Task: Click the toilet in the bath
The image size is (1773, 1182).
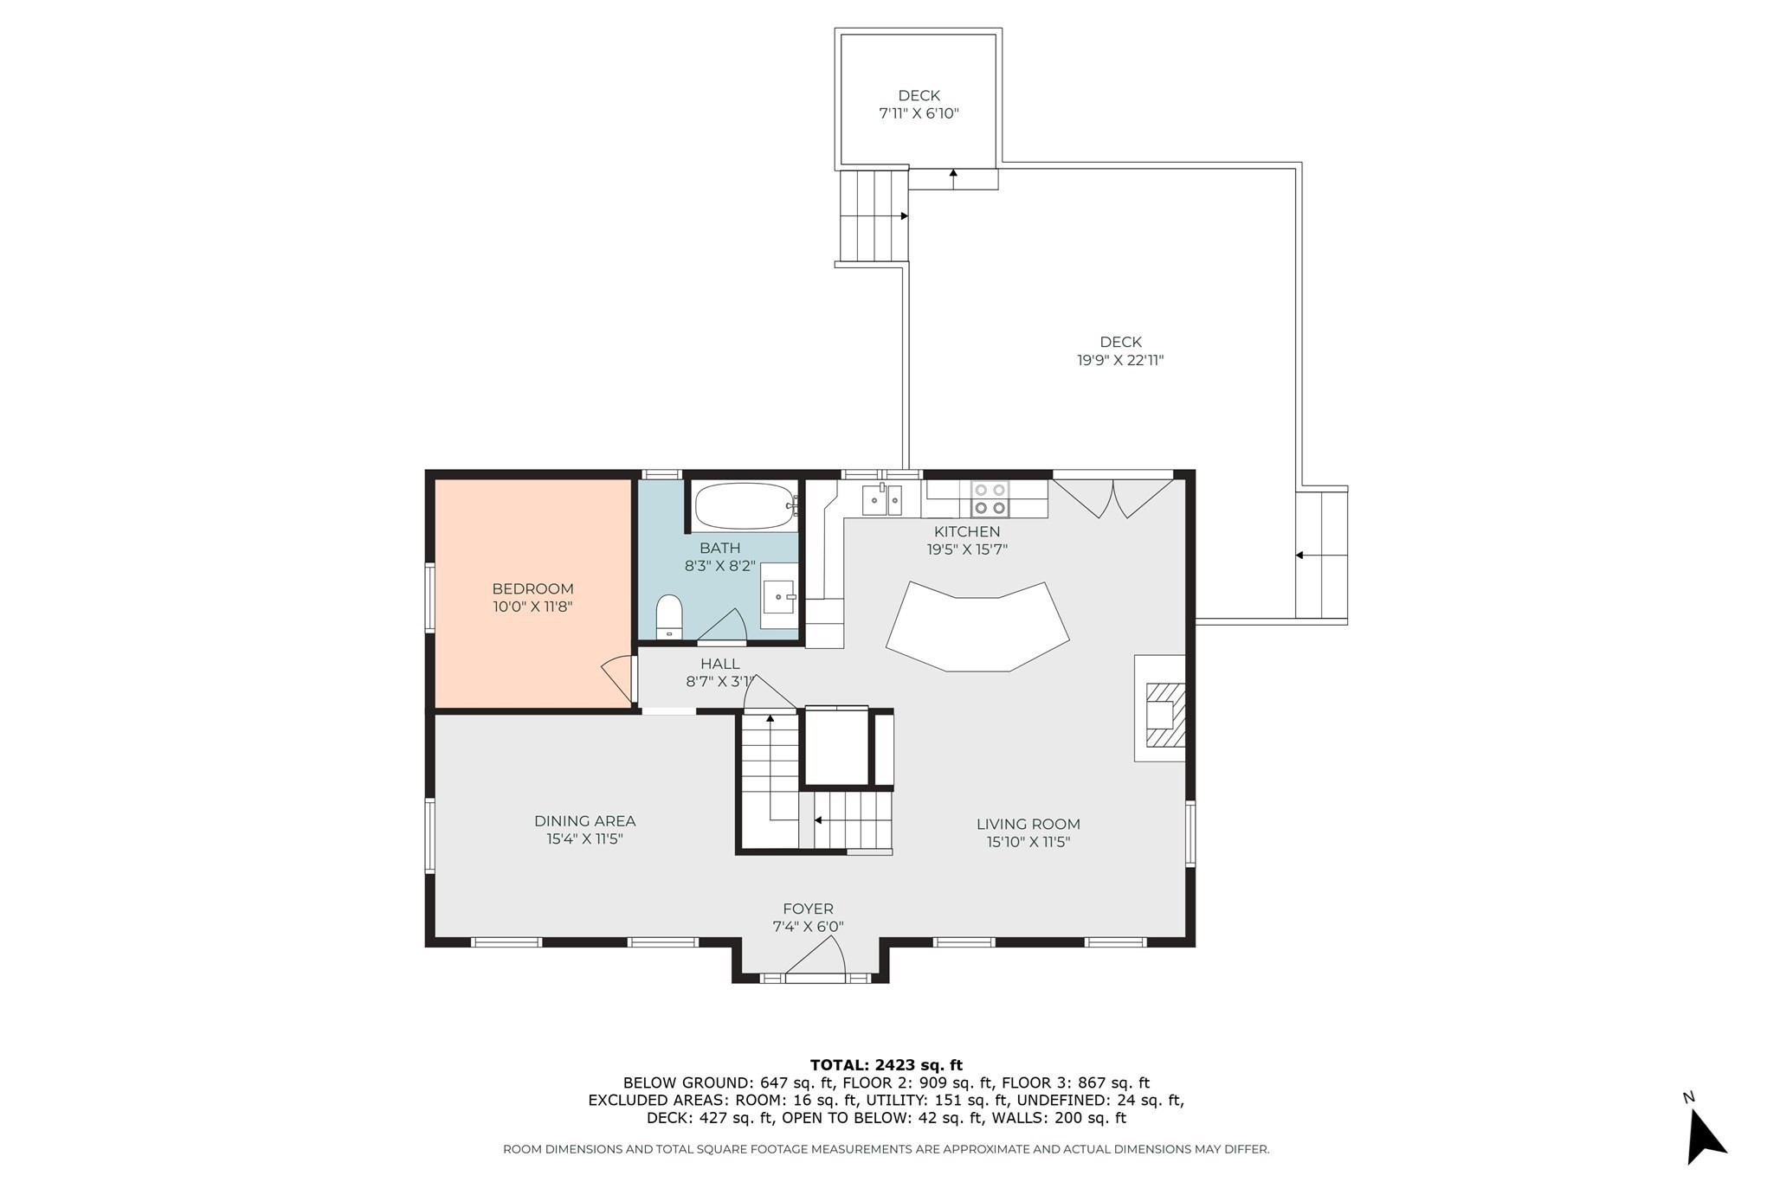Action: [x=669, y=615]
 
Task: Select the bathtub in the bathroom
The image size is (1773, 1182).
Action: [x=745, y=506]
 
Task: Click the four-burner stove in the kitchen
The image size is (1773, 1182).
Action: [x=990, y=499]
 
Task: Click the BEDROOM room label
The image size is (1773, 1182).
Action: [x=532, y=589]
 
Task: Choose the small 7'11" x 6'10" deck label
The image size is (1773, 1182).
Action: [x=919, y=113]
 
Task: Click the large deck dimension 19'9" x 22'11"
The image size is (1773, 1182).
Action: [x=1120, y=361]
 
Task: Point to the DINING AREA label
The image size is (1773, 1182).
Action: [x=584, y=821]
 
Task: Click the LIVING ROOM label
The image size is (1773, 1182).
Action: [x=1028, y=825]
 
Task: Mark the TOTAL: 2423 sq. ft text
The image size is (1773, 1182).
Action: [x=886, y=1065]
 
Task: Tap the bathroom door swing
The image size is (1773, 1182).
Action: [x=723, y=626]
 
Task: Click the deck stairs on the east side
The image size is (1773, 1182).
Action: [x=1321, y=555]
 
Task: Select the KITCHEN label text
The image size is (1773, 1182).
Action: [x=966, y=531]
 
